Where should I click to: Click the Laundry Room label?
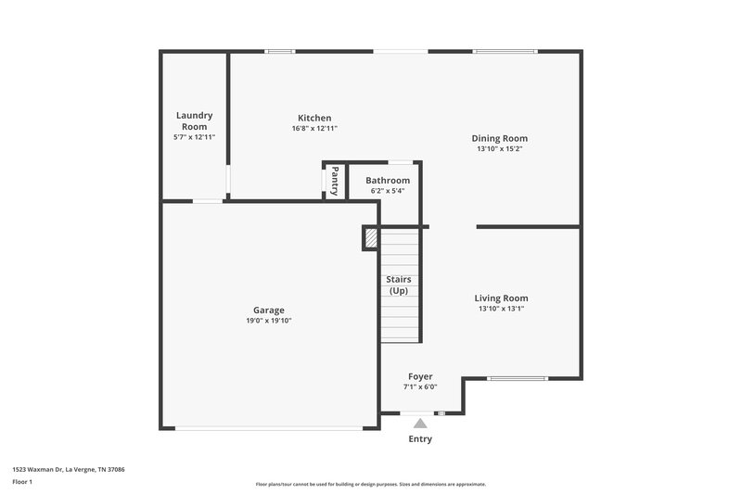pos(195,120)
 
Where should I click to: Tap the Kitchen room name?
pos(314,118)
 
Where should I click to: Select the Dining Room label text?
pos(501,138)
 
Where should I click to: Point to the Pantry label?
pos(335,180)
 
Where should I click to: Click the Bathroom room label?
pos(387,180)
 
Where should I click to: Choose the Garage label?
pos(269,310)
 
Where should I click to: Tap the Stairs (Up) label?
pos(399,285)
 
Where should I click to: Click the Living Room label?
pos(501,298)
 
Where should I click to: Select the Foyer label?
pos(420,376)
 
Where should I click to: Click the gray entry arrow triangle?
pos(420,423)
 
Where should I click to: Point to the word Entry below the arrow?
pos(420,439)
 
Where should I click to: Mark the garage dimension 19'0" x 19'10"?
pos(269,321)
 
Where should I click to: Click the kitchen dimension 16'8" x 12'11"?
pos(314,129)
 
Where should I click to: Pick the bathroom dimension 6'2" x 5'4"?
pos(387,191)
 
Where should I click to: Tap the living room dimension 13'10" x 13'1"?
pos(501,309)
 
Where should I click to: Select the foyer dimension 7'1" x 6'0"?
pos(420,387)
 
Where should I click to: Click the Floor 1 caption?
pos(22,482)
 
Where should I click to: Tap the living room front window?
pos(518,378)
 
